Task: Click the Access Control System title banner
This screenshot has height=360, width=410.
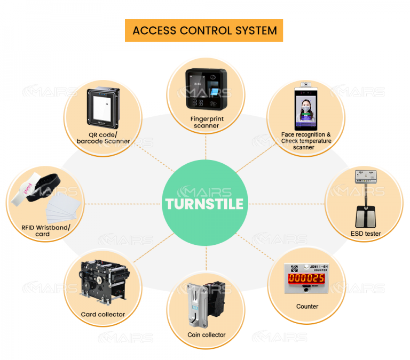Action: click(204, 30)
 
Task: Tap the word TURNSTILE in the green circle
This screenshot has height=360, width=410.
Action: click(204, 204)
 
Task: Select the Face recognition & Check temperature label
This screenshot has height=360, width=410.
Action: click(306, 141)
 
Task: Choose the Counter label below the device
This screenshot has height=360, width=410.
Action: click(307, 307)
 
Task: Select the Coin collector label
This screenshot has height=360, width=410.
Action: click(206, 335)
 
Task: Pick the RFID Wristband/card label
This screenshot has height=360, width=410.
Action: click(42, 230)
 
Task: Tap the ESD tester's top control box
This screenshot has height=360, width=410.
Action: click(367, 176)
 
